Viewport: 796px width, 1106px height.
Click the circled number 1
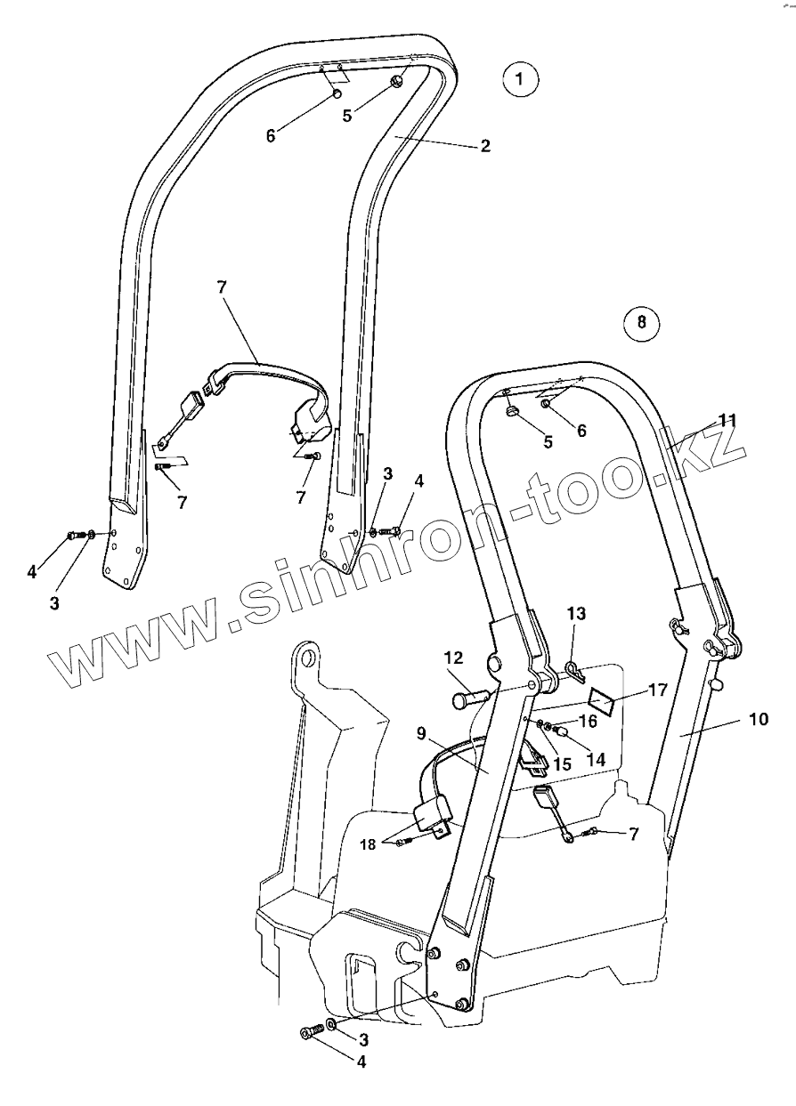520,80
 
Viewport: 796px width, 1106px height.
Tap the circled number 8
642,321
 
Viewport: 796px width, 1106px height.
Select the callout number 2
485,146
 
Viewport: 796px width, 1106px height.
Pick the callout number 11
728,420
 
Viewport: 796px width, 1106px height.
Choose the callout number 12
453,658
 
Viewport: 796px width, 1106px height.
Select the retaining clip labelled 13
573,667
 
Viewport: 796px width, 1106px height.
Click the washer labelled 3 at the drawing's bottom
332,1025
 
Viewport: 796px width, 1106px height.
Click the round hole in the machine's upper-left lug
309,658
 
